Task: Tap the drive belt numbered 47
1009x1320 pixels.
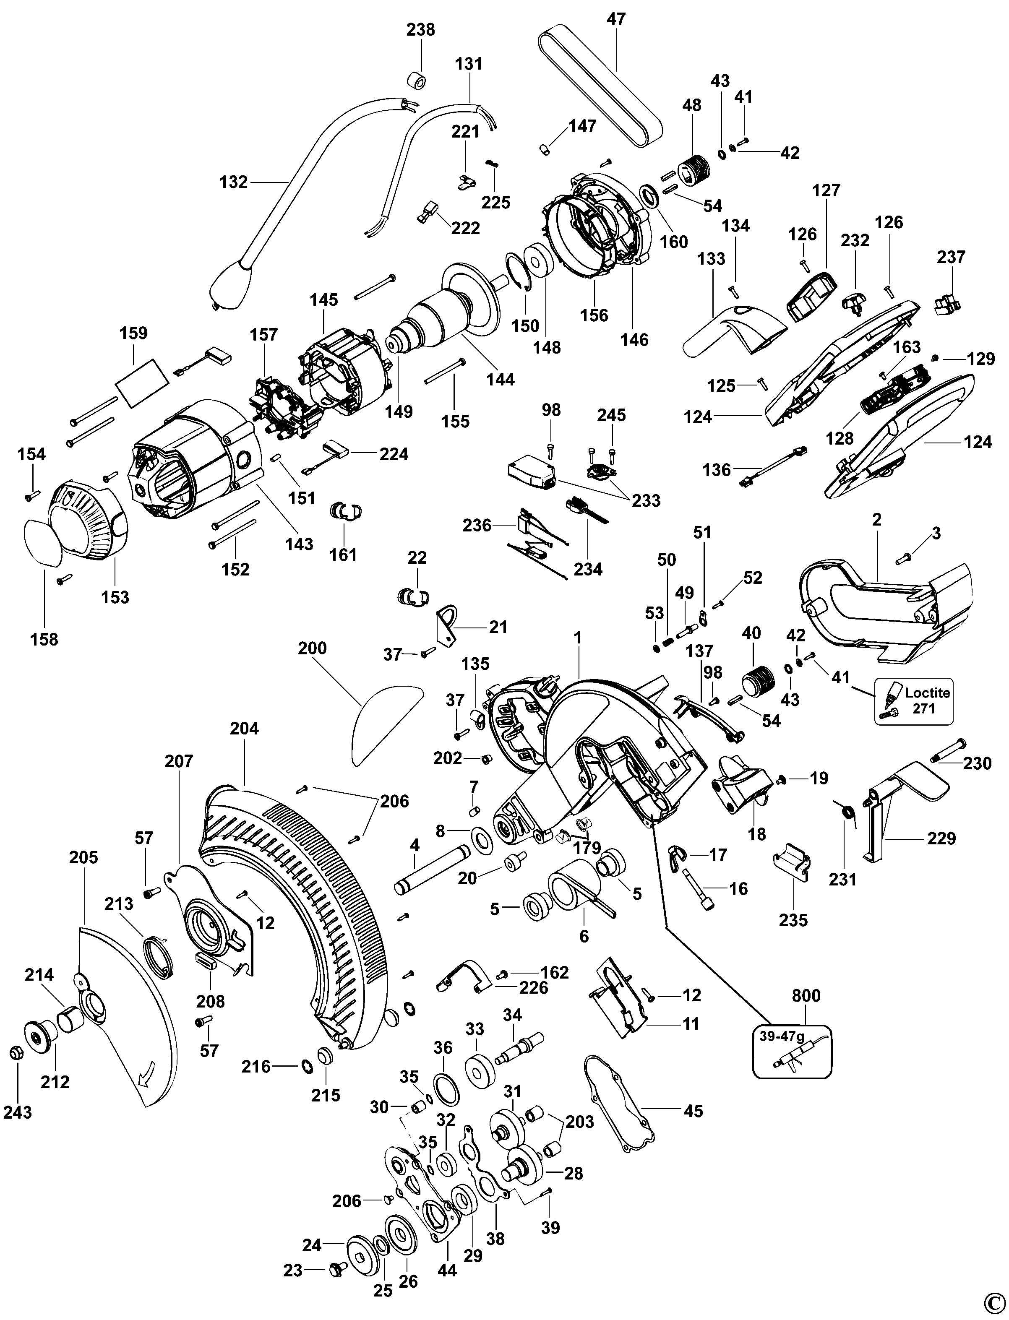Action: coord(601,84)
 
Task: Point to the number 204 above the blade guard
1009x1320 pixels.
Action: coord(245,729)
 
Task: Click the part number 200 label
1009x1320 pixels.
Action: coord(312,648)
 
